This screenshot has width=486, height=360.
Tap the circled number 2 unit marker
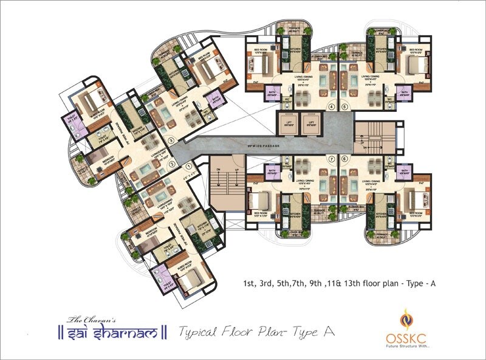[172, 164]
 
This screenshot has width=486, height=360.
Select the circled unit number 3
[171, 140]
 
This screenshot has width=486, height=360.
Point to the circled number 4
[331, 107]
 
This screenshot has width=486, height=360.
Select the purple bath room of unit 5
[403, 92]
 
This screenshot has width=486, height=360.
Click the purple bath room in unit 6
[403, 173]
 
